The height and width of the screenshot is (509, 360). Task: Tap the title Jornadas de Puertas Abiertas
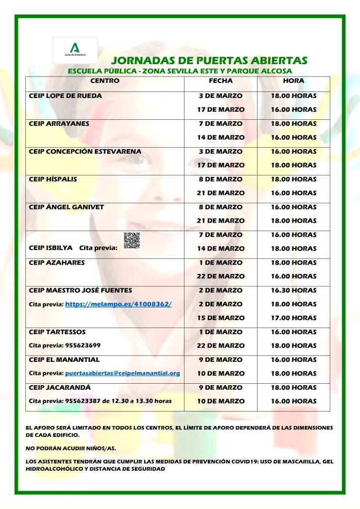(209, 61)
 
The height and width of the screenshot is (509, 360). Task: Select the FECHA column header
(221, 81)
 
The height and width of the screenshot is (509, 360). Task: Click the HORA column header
(293, 81)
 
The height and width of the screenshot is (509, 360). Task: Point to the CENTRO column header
(105, 81)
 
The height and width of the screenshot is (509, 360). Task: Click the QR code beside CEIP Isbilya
(132, 241)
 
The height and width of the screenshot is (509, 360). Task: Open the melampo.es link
(118, 304)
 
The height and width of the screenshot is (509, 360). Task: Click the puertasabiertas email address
(122, 373)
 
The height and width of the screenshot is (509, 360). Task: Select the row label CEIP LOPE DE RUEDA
(66, 95)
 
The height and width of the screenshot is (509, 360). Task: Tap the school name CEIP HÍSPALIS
(53, 179)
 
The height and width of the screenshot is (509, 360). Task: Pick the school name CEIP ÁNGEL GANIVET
(67, 207)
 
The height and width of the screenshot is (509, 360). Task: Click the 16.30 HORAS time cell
(293, 290)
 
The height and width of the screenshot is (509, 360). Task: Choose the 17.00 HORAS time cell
(293, 318)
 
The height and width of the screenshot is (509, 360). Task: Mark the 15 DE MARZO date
(221, 318)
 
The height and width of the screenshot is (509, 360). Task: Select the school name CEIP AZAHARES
(57, 262)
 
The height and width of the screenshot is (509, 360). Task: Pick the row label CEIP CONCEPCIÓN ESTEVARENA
(85, 151)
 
